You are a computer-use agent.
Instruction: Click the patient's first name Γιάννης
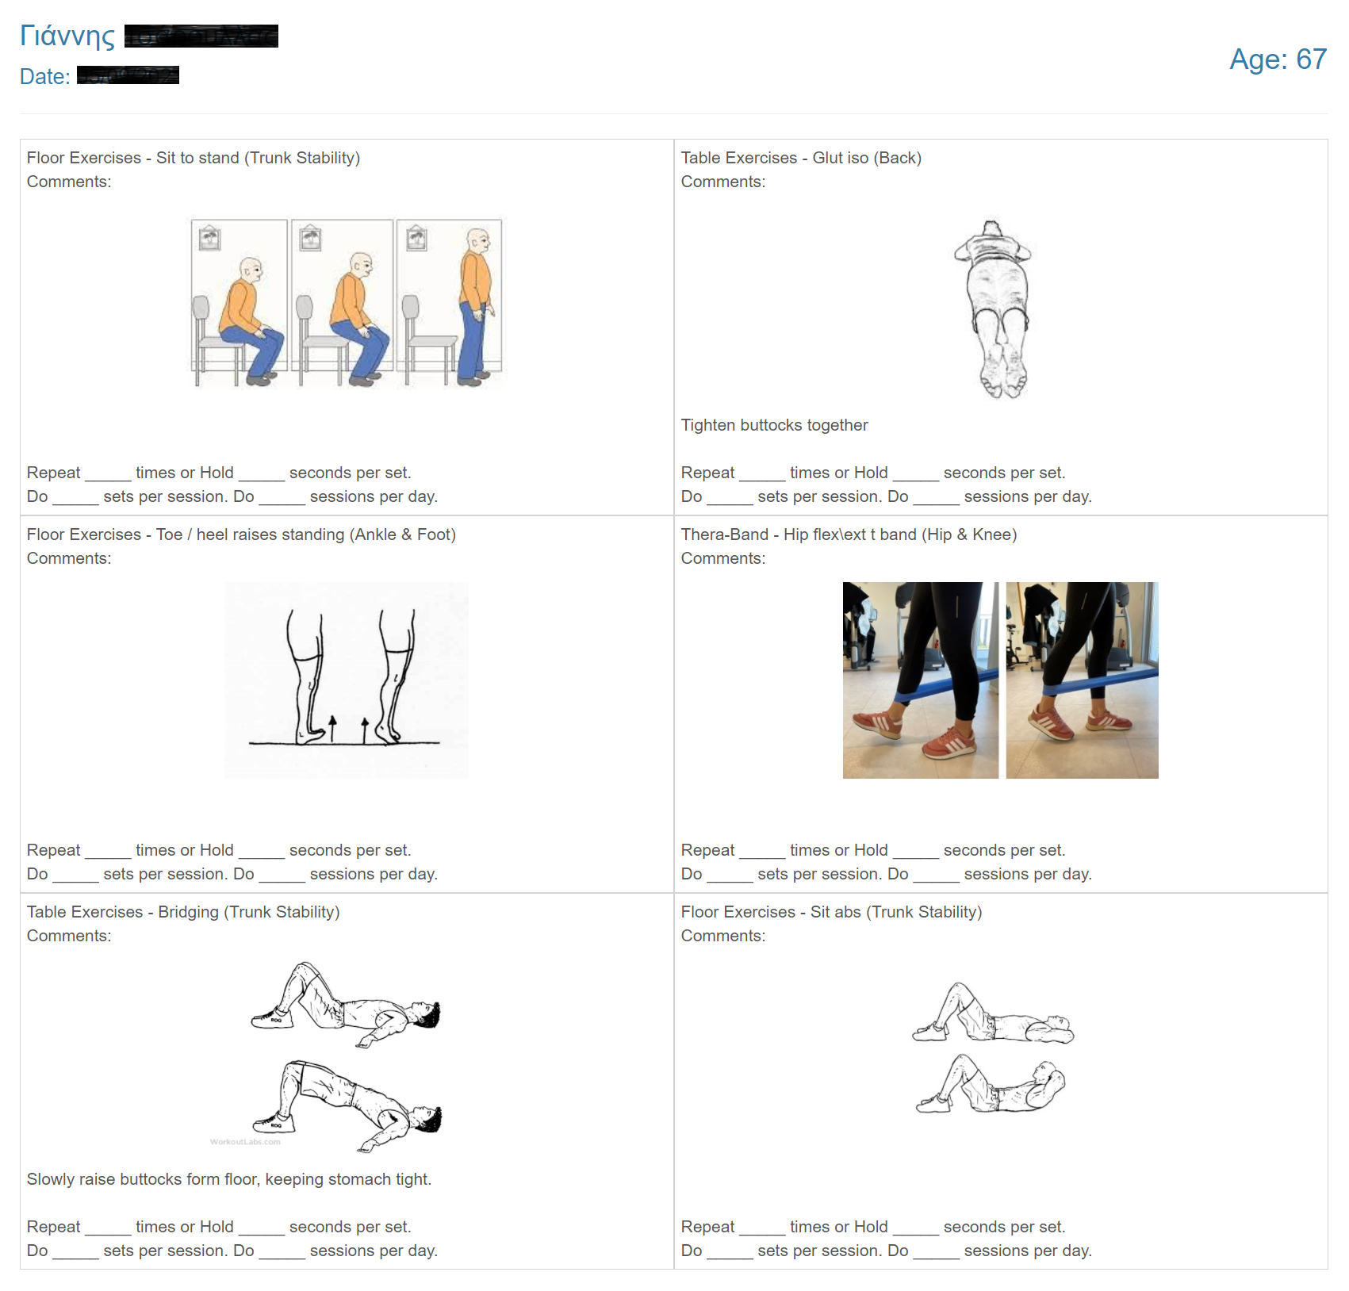coord(67,36)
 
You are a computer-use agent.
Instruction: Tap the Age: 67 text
coord(1277,59)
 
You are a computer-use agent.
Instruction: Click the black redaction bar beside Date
coord(128,75)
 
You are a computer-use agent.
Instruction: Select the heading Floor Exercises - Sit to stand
coord(193,158)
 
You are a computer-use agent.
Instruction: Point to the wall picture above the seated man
coord(209,238)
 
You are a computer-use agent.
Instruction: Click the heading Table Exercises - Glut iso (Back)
coord(800,158)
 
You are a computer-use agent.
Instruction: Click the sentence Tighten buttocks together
coord(774,425)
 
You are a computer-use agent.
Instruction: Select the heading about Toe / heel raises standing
coord(241,534)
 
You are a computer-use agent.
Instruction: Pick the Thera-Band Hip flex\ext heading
coord(848,534)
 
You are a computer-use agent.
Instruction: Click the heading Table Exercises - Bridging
coord(183,912)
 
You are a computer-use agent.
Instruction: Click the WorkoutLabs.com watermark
coord(245,1142)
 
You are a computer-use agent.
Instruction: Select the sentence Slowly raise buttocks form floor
coord(228,1179)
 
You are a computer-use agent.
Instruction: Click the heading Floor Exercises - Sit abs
coord(830,912)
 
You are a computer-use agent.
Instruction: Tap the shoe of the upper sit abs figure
coord(929,1032)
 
